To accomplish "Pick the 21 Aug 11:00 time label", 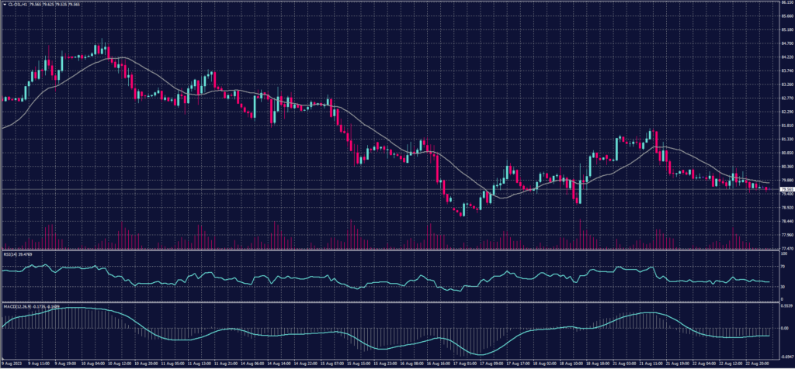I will (x=647, y=362).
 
